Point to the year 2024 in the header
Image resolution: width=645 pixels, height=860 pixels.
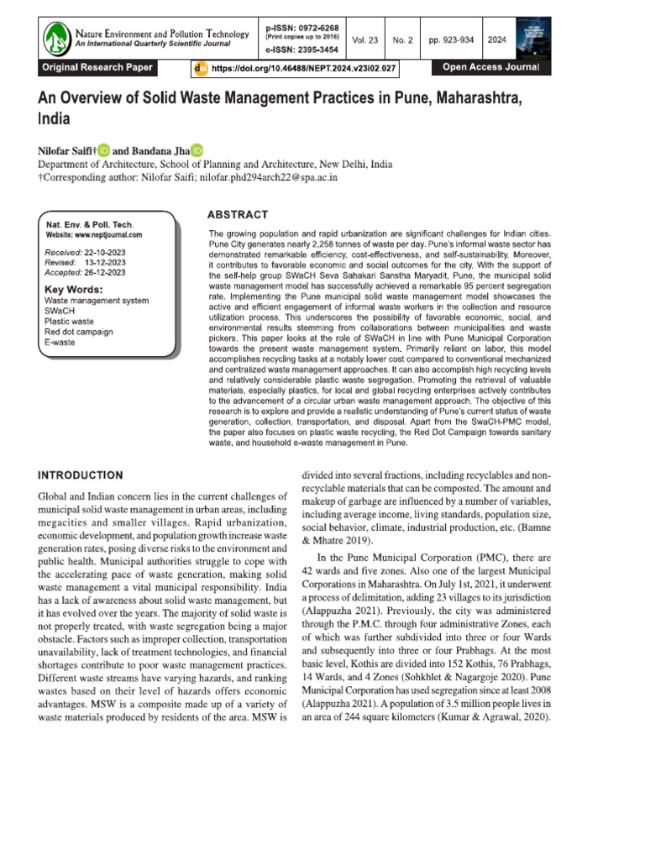pos(496,39)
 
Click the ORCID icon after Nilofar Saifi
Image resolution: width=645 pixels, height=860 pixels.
pos(104,150)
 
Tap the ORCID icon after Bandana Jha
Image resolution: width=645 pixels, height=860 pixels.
pos(197,150)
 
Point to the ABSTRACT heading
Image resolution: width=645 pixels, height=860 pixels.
pos(238,215)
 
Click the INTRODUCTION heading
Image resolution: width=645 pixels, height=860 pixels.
pos(81,475)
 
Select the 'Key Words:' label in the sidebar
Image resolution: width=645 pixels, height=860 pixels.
pos(71,290)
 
